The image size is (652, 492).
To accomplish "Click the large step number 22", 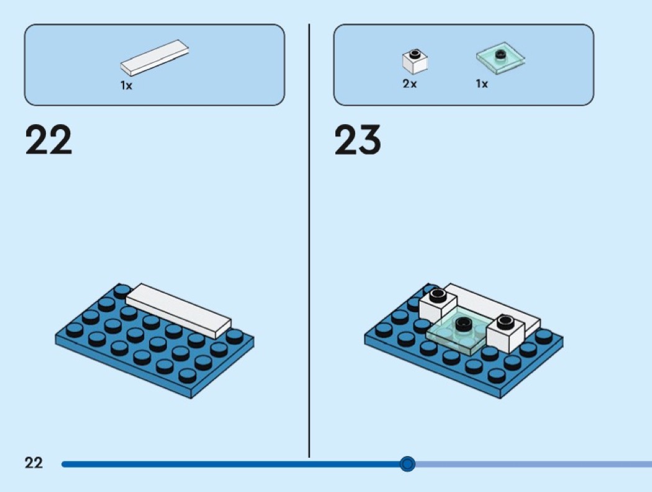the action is coord(48,140).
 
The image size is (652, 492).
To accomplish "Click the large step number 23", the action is coord(358,140).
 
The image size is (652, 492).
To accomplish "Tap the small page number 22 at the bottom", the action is coord(34,463).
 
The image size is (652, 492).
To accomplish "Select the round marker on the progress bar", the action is coord(407,463).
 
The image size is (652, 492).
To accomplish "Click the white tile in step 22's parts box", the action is coord(154,58).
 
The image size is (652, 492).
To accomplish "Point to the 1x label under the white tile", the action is coord(127,86).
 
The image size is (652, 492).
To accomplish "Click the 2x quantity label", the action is coord(410,84).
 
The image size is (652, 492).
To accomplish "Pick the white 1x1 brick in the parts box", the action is coord(415,61).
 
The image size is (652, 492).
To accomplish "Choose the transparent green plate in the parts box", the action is coord(500,58).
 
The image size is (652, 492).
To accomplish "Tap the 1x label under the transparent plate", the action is coord(482,84).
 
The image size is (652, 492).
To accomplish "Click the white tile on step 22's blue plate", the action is coord(178,311).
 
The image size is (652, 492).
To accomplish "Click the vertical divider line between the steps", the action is coord(309,241).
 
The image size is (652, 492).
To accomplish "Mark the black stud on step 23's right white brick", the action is coord(505,321).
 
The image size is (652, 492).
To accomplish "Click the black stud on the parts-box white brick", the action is coord(415,53).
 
